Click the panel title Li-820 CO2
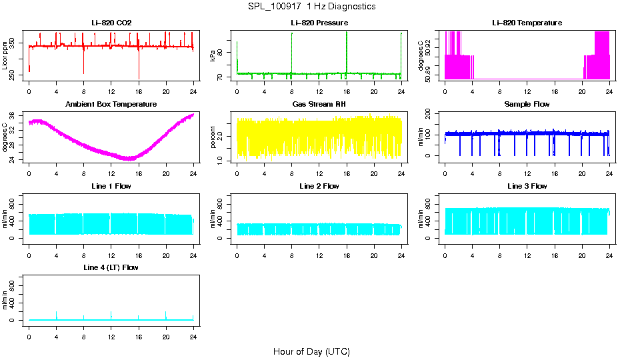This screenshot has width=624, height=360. (x=111, y=23)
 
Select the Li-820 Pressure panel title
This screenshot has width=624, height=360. (x=319, y=23)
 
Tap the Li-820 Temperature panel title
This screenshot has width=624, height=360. (x=527, y=23)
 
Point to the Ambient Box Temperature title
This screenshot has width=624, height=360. (x=111, y=104)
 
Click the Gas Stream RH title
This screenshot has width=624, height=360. (x=319, y=104)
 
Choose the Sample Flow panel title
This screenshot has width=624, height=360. (x=527, y=104)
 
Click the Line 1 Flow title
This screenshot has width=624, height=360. (x=111, y=186)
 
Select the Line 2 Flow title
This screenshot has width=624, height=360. (x=319, y=186)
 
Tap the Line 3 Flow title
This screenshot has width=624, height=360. (x=527, y=186)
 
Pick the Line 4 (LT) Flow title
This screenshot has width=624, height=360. (x=111, y=267)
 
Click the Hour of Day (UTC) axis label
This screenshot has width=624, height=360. (x=311, y=351)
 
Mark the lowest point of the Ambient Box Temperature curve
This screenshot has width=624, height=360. (x=129, y=159)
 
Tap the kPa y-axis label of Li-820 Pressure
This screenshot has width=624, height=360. (x=213, y=56)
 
